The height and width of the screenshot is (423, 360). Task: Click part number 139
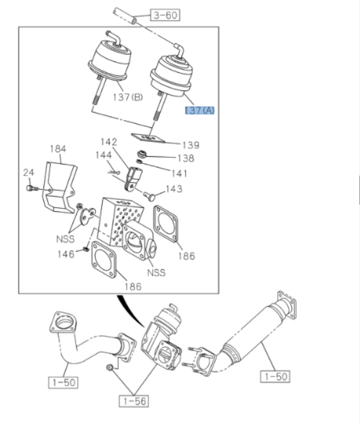click(191, 145)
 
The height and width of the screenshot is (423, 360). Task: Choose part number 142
click(108, 142)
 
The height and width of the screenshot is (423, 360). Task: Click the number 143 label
click(174, 189)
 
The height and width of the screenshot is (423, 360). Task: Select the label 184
click(58, 149)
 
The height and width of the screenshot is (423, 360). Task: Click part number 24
click(28, 173)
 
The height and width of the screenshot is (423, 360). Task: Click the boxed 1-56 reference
click(134, 402)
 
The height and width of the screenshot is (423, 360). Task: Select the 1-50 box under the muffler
click(275, 377)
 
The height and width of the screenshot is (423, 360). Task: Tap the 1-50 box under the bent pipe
click(64, 382)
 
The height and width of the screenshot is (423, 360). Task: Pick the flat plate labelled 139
click(147, 136)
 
